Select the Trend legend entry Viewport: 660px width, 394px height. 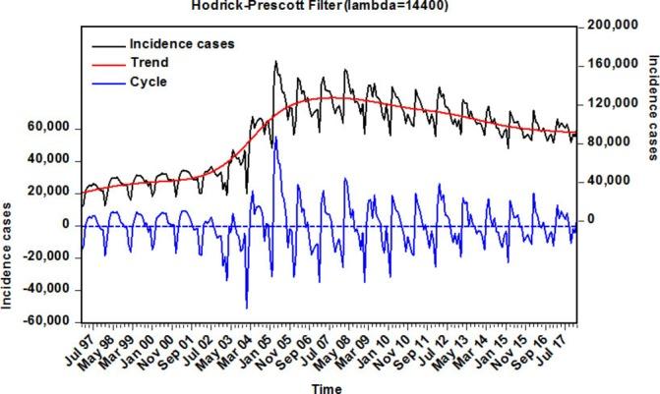coord(150,63)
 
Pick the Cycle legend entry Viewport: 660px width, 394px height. coord(149,82)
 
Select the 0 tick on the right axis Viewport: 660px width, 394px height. coord(594,219)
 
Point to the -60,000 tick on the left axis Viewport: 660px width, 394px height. coord(45,321)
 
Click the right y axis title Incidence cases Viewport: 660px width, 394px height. coord(651,107)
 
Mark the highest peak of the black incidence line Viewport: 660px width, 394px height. coord(275,61)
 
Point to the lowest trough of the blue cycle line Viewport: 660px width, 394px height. coord(247,309)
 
